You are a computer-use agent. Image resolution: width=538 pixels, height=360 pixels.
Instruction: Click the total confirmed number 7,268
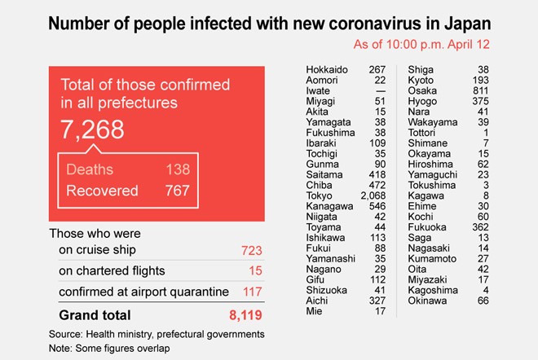(x=92, y=130)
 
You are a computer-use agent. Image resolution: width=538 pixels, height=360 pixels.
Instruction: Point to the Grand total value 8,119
(x=245, y=314)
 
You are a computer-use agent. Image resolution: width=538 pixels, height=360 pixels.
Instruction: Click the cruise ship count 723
(x=252, y=250)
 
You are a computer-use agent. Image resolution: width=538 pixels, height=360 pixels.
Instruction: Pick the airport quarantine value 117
(x=252, y=291)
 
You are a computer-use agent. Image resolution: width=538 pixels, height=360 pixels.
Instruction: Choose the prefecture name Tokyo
(x=320, y=196)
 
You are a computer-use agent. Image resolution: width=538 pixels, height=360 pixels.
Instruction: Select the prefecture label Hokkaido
(x=328, y=69)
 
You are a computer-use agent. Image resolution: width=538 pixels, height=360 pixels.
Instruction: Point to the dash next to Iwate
(x=380, y=90)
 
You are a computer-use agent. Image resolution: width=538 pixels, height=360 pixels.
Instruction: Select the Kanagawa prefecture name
(x=329, y=207)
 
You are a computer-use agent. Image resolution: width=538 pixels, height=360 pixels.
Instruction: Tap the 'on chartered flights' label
(x=112, y=270)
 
